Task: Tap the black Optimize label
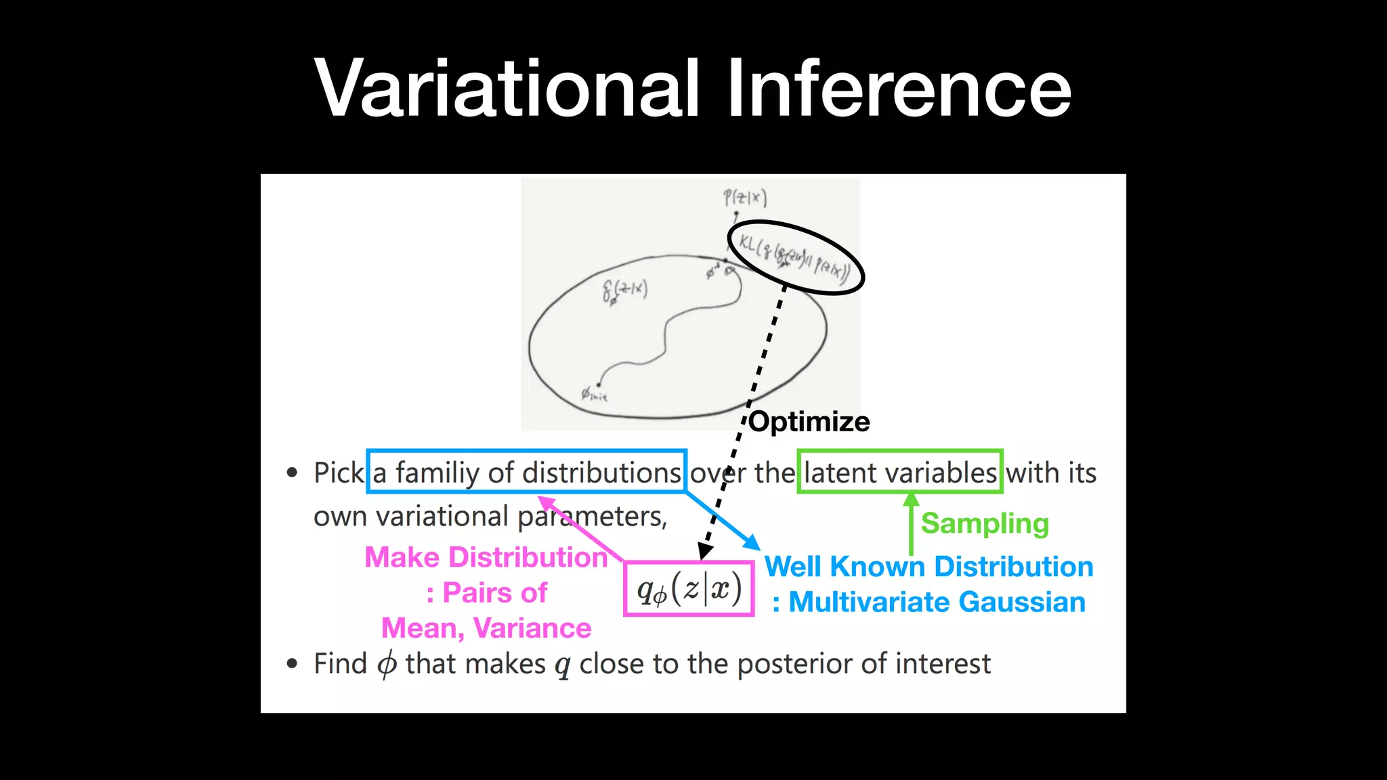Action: [809, 422]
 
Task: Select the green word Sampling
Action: [985, 523]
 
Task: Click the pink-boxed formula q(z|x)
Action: [689, 589]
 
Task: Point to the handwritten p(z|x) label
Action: [744, 198]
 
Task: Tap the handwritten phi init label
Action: [594, 394]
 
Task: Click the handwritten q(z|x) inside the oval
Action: [624, 290]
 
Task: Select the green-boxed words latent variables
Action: [900, 472]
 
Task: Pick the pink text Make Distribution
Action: [486, 557]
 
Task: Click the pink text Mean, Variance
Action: [486, 628]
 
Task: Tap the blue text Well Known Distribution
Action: [929, 567]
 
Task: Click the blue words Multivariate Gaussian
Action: [937, 602]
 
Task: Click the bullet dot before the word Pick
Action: [292, 473]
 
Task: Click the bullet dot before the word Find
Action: [292, 664]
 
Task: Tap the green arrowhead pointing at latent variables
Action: [912, 500]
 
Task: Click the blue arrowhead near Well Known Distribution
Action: [752, 542]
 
